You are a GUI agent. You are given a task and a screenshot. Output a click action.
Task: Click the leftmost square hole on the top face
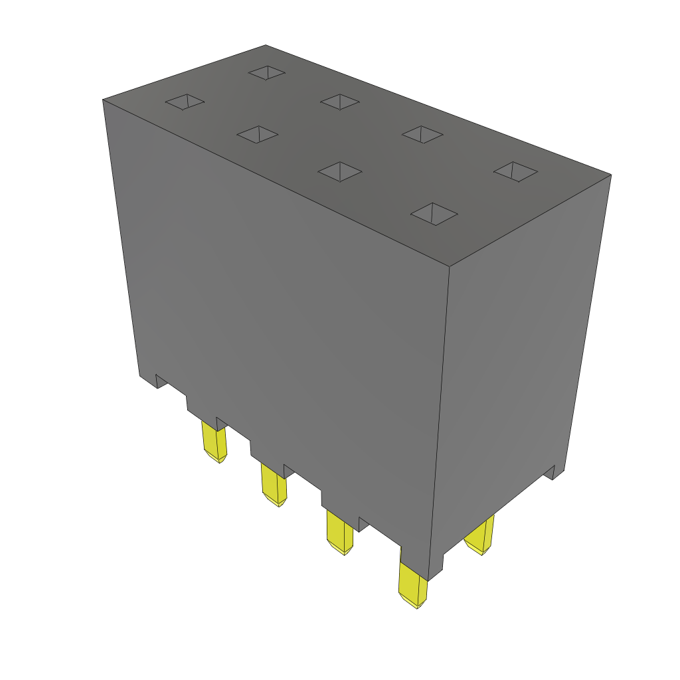(185, 102)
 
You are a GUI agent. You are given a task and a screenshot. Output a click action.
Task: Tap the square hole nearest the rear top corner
(267, 72)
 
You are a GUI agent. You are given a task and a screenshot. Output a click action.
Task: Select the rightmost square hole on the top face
(515, 171)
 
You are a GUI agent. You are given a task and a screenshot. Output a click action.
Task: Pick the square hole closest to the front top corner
(434, 214)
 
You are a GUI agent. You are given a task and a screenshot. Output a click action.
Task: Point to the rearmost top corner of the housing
(266, 46)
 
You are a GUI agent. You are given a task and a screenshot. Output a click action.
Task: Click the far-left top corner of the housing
(103, 100)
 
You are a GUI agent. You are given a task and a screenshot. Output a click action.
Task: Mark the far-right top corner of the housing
(610, 175)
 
